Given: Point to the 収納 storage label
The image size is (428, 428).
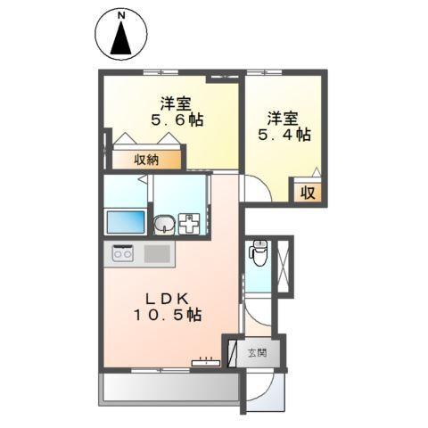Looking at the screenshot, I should click(147, 160).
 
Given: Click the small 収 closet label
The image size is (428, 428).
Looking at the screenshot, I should click(307, 191).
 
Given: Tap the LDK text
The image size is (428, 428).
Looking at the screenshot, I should click(168, 299).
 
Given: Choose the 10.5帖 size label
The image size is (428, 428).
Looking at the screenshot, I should click(168, 316).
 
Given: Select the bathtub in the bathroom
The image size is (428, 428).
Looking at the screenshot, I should click(124, 222).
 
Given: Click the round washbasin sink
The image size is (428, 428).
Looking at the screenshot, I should click(163, 225).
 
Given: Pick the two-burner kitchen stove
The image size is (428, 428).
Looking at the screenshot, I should click(121, 254).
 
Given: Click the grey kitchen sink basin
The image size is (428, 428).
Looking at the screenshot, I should click(156, 254).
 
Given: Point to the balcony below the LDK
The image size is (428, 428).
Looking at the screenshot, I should click(169, 384).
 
